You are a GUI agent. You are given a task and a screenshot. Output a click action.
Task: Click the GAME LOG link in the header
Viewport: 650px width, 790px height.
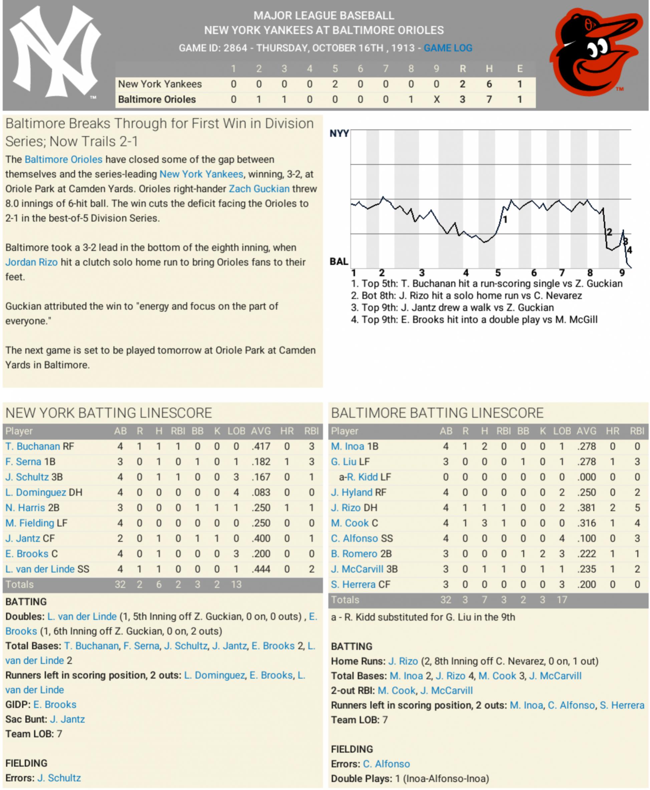(x=448, y=48)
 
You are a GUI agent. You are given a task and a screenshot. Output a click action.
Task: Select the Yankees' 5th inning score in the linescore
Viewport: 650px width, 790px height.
(x=335, y=84)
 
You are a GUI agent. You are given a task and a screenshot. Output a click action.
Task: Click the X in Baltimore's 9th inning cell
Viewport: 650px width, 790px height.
(x=436, y=99)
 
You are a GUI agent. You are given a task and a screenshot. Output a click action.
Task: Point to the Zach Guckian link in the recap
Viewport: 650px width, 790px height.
(x=259, y=189)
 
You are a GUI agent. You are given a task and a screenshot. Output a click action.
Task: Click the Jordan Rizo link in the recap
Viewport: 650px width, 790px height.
(x=31, y=262)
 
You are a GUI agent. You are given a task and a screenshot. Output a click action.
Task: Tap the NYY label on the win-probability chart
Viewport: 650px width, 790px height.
(x=339, y=134)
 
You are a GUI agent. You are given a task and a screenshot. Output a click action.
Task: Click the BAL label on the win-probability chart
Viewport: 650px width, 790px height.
(x=339, y=261)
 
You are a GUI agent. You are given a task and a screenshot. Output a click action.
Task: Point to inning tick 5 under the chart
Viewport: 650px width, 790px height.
(x=498, y=273)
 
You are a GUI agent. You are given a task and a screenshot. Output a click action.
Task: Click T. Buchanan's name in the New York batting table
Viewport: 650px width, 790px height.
(x=33, y=446)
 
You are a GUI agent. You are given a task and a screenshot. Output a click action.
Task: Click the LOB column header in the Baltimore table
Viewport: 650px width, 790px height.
(x=562, y=431)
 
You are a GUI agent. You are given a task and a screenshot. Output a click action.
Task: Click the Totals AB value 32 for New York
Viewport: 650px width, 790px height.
(x=120, y=584)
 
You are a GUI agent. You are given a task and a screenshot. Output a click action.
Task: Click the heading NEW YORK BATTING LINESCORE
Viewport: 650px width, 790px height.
(x=109, y=413)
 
